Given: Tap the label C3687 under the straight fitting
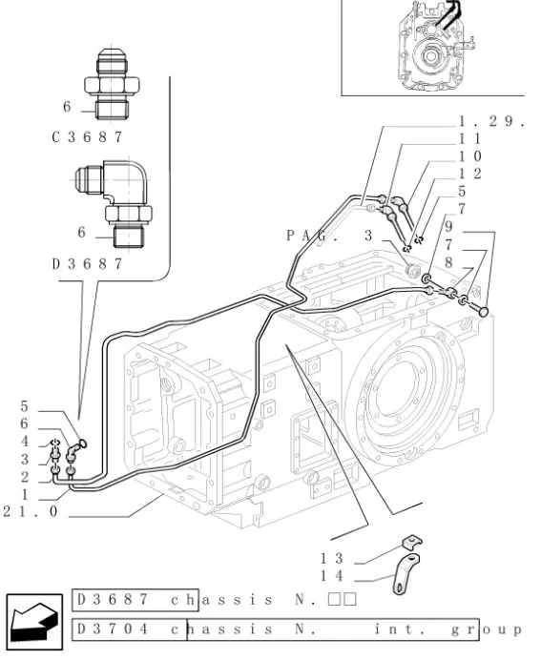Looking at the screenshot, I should [87, 136].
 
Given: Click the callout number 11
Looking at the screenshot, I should [469, 138].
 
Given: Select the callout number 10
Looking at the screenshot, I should [469, 155].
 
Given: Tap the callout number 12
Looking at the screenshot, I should [469, 174].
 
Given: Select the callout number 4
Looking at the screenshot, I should [25, 441].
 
